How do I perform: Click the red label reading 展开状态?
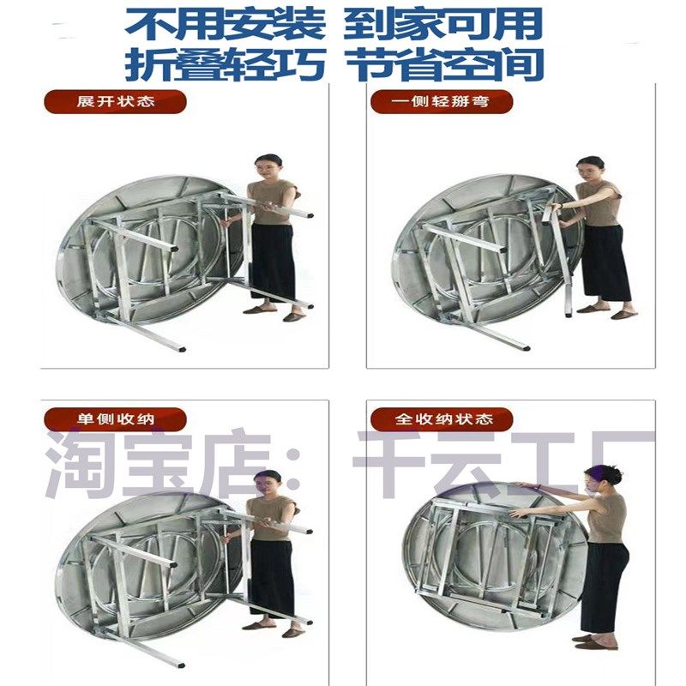(x=115, y=102)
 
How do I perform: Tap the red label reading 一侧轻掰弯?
(x=442, y=102)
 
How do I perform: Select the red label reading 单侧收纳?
(x=115, y=419)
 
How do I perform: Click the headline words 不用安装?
(x=225, y=23)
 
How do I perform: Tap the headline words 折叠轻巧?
(x=225, y=65)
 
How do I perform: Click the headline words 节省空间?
(x=449, y=65)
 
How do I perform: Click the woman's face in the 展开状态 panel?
(x=270, y=166)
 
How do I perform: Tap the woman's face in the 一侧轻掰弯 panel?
(x=590, y=168)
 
